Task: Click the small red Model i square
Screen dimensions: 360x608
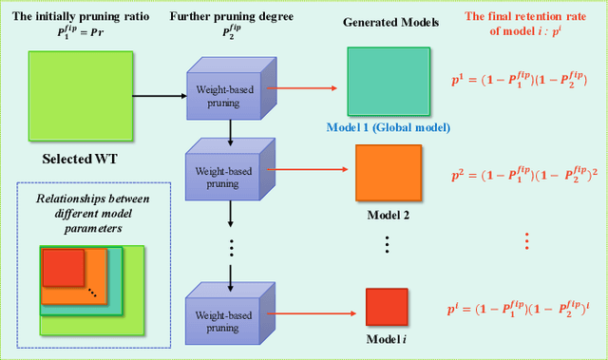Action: [x=387, y=306]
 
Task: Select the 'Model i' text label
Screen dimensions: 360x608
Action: [x=387, y=339]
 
